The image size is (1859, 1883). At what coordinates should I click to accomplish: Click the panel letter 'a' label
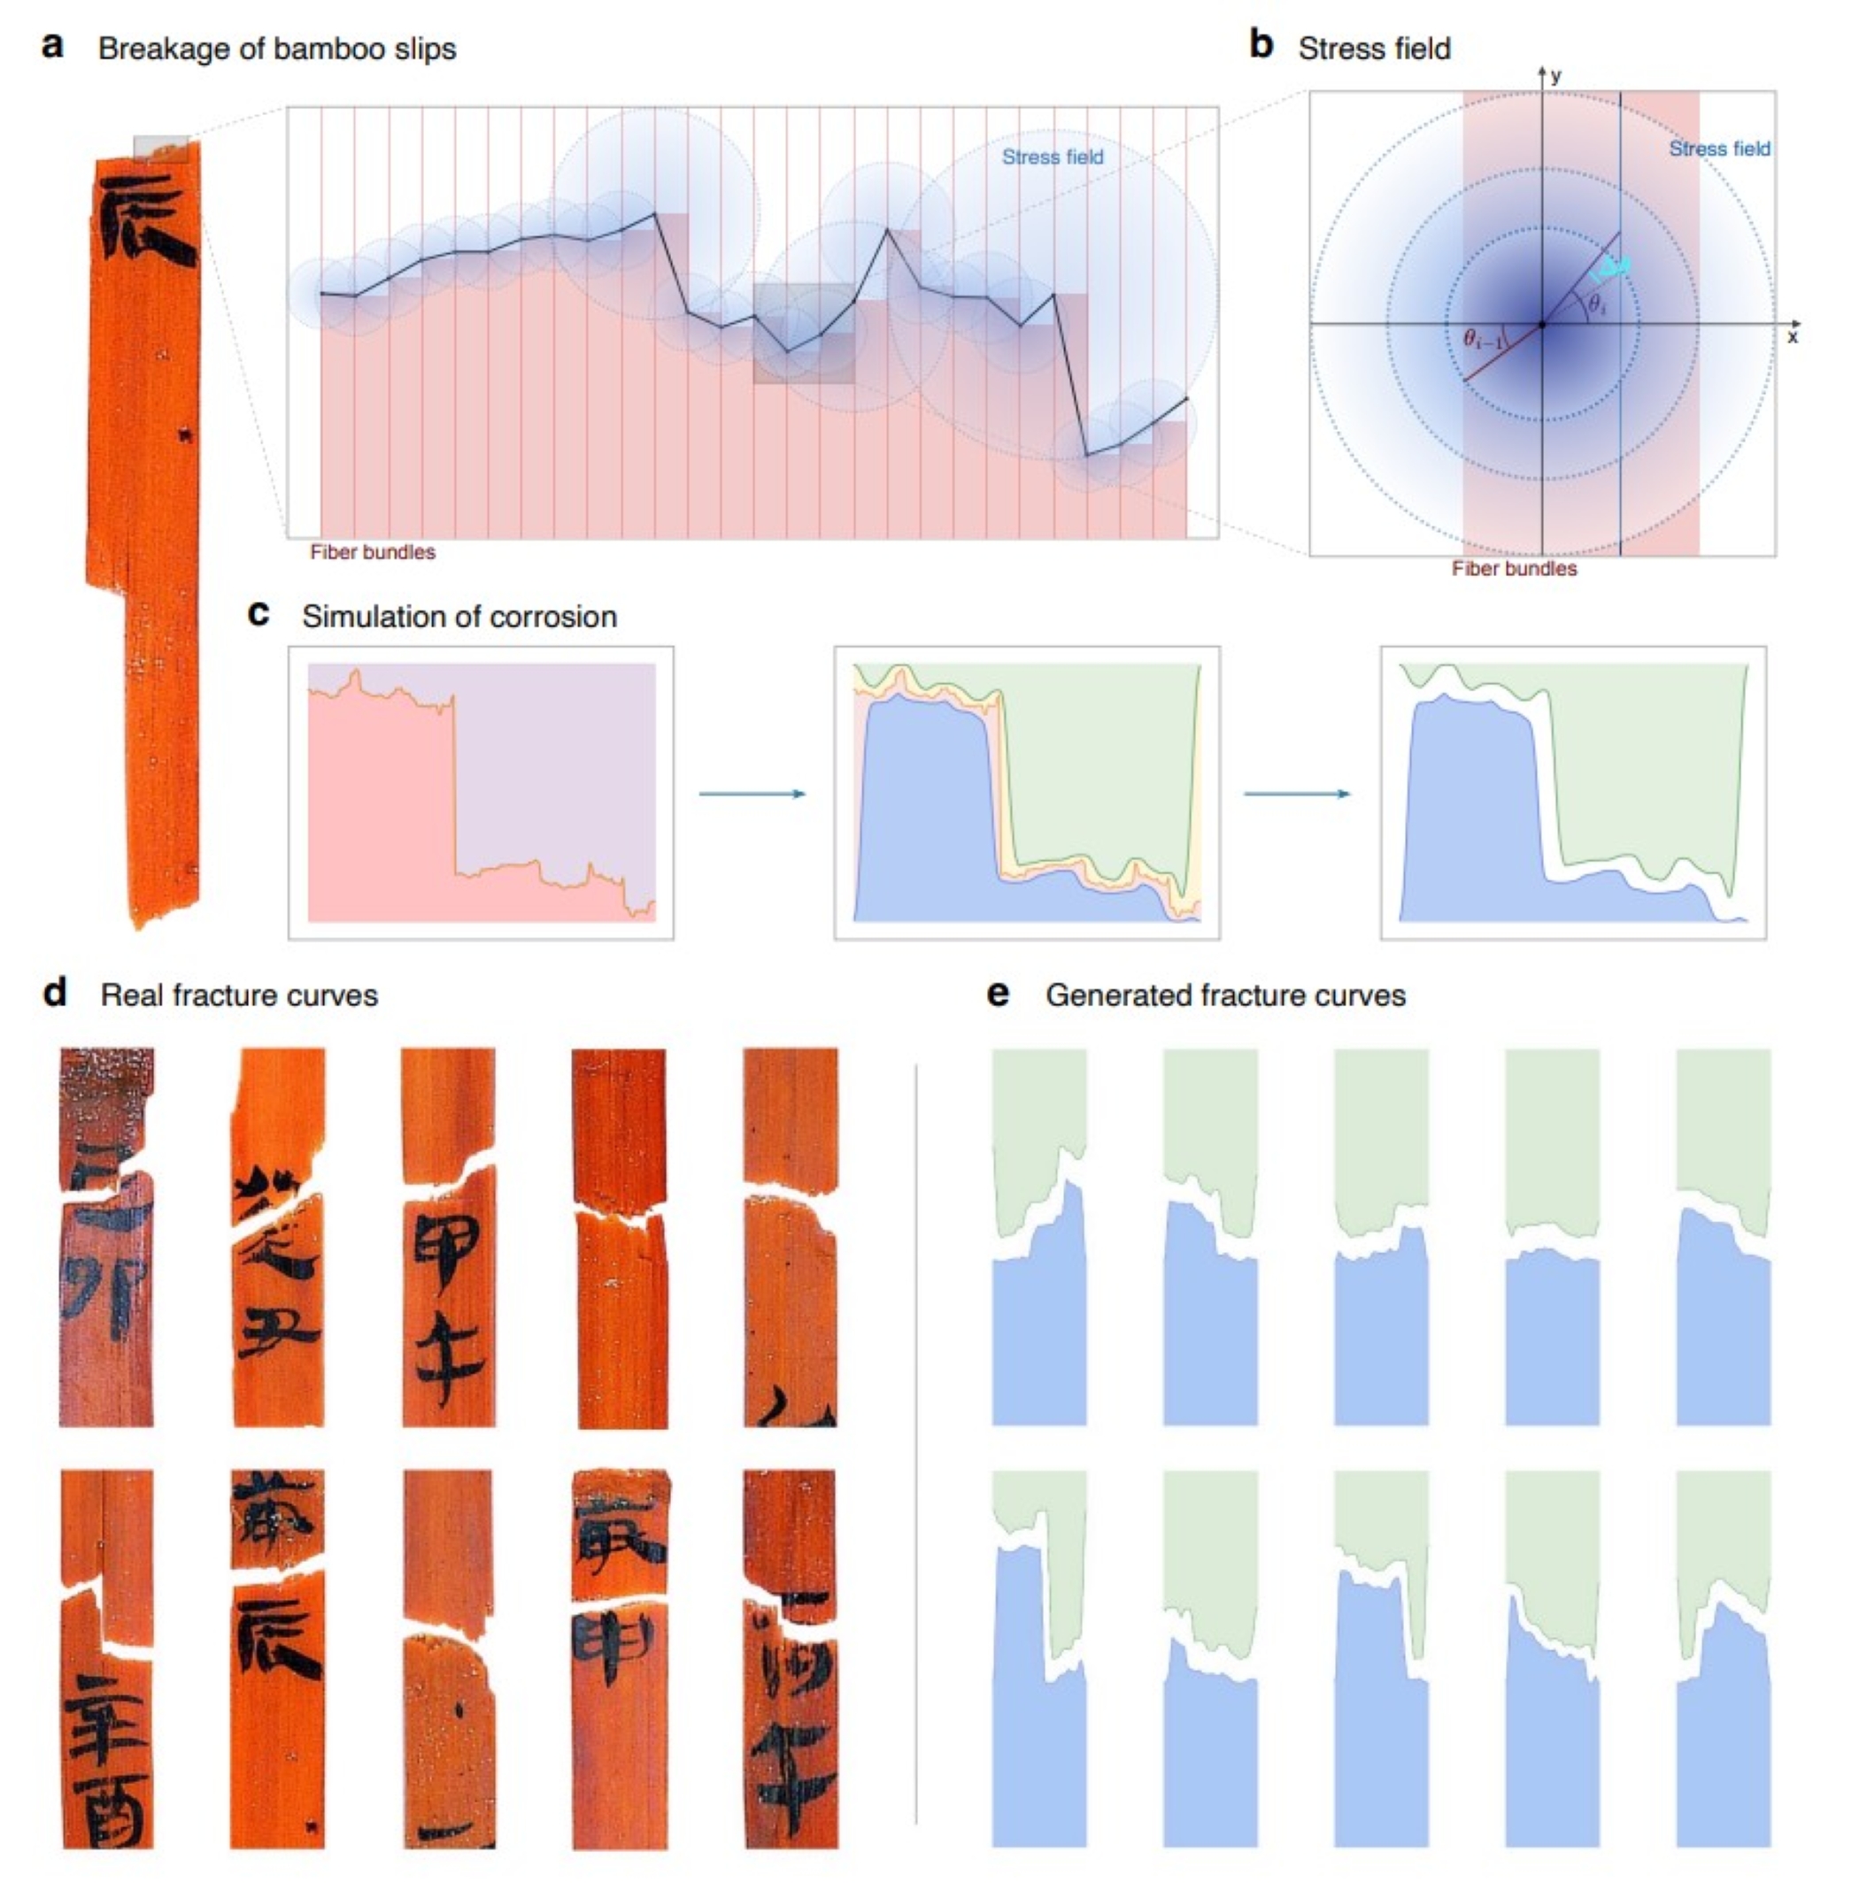[52, 46]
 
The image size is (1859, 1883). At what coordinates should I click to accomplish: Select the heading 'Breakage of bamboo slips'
[277, 49]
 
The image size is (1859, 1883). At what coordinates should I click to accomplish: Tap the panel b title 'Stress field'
[1374, 49]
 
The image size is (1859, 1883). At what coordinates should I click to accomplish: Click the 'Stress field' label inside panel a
[1052, 157]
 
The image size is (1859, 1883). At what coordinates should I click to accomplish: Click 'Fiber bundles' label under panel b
[1513, 569]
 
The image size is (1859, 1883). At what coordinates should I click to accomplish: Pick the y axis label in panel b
[1556, 76]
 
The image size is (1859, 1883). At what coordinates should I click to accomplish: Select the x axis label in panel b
[1792, 337]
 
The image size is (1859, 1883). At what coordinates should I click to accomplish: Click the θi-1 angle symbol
[1484, 340]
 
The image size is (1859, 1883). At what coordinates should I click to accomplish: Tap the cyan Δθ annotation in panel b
[1609, 268]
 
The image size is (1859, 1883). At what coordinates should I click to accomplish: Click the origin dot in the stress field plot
[1541, 325]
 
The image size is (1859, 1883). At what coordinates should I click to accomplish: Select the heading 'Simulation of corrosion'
[459, 617]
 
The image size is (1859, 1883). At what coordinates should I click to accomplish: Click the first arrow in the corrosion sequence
[752, 795]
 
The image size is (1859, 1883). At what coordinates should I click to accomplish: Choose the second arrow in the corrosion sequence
[1297, 795]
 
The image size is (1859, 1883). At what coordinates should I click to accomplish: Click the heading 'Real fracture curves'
[239, 995]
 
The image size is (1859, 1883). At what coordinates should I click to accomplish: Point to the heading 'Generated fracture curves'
[1225, 995]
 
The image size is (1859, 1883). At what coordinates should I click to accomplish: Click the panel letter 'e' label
[999, 993]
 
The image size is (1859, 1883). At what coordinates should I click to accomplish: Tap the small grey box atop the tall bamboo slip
[160, 148]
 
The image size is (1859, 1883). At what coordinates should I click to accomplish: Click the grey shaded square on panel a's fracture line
[803, 334]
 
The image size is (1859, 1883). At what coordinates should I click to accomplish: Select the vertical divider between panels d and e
[915, 1442]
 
